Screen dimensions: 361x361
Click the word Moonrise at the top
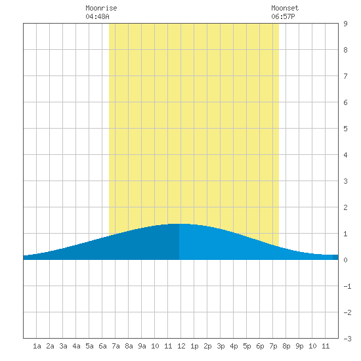tap(101, 8)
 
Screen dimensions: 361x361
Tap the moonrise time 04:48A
tap(97, 16)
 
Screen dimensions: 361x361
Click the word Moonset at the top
tap(285, 8)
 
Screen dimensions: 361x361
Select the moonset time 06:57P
tap(283, 16)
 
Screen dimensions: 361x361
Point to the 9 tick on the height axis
tap(345, 24)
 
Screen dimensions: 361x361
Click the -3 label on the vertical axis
tap(347, 339)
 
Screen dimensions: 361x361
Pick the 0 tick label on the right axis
tap(345, 260)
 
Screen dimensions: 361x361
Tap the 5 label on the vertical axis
tap(345, 129)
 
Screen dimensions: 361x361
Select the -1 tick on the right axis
tap(347, 286)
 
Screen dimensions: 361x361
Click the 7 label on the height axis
tap(345, 76)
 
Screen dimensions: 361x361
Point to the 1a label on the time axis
tap(37, 346)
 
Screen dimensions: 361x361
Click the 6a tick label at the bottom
tap(102, 346)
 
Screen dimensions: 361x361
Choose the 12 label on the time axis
tap(181, 346)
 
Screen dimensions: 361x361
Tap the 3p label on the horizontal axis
tap(221, 346)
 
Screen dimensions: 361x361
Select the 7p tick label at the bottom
tap(273, 346)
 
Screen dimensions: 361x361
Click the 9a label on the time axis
tap(142, 346)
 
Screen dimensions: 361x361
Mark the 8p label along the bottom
tap(286, 346)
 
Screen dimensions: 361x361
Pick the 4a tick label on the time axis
tap(76, 346)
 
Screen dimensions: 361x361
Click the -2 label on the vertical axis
tap(347, 312)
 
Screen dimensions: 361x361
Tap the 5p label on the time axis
tap(247, 346)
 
